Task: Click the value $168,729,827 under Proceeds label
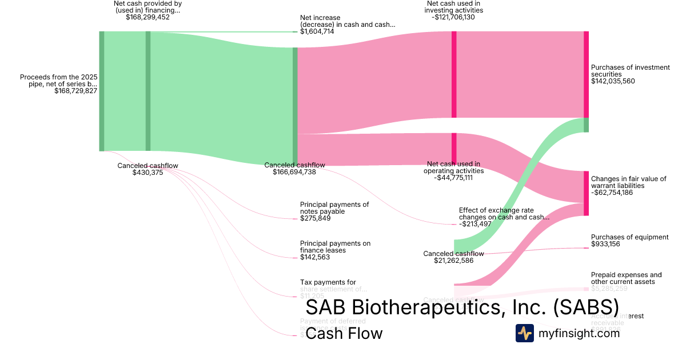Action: [75, 90]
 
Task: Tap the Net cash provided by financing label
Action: [147, 7]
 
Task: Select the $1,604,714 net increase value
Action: [317, 31]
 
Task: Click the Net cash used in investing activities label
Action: [454, 7]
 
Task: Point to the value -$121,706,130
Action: [454, 17]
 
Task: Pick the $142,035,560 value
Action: [613, 81]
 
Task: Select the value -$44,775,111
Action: [453, 178]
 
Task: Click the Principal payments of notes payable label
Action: [334, 208]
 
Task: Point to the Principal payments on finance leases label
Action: [335, 247]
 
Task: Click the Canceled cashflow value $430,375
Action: [147, 173]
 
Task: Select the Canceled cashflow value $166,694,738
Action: [294, 171]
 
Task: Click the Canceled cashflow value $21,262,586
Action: [453, 261]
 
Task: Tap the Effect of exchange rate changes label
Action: [504, 214]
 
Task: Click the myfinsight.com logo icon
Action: [524, 333]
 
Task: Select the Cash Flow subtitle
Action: [344, 333]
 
